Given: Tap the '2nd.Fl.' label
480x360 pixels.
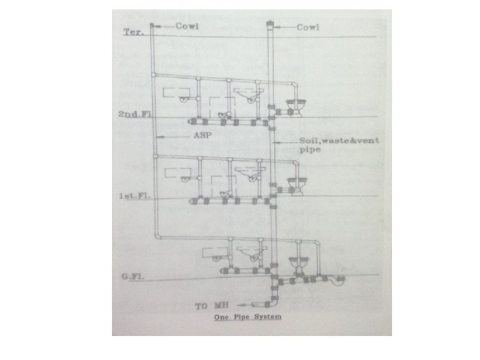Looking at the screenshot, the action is [135, 115].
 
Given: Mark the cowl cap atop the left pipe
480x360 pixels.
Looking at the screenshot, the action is [153, 26].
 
